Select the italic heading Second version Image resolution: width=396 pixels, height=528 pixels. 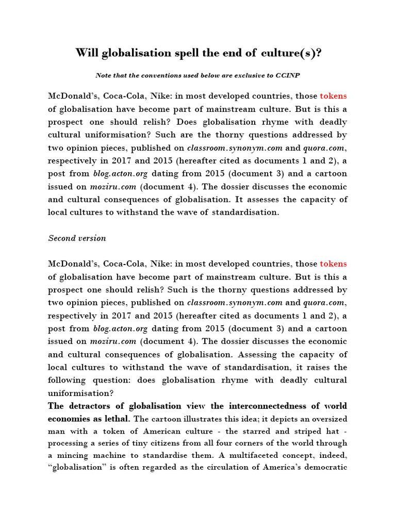(x=77, y=238)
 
